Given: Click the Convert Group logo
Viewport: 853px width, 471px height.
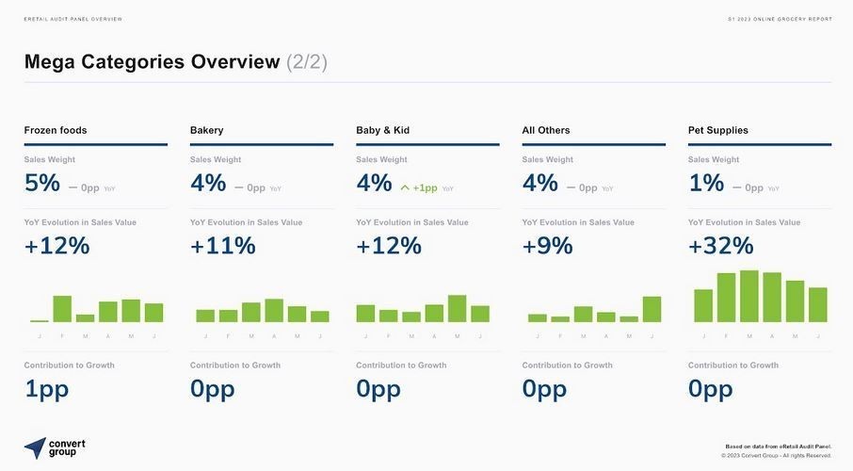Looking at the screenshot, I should click(x=51, y=447).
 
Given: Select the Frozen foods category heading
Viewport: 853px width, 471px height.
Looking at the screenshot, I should click(x=56, y=130).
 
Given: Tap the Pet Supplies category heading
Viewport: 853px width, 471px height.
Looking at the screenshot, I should click(x=718, y=130).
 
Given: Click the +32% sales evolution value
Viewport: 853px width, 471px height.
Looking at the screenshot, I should click(x=721, y=246).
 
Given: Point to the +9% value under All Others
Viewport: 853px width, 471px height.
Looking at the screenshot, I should click(x=547, y=246).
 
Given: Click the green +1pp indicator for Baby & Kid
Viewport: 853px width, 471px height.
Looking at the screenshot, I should click(x=419, y=188).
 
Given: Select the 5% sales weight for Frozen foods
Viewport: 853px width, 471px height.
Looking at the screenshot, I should click(x=42, y=184).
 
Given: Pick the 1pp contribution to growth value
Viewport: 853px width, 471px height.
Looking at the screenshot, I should click(x=46, y=389).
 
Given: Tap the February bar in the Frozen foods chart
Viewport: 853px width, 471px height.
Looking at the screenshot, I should click(x=62, y=309).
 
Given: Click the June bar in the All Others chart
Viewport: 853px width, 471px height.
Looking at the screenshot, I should click(x=652, y=309).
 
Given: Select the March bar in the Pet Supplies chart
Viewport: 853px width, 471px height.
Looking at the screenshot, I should click(x=749, y=297).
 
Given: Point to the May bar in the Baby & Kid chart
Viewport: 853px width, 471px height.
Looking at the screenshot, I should click(x=458, y=309).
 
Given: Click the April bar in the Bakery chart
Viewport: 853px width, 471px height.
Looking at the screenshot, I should click(x=274, y=311).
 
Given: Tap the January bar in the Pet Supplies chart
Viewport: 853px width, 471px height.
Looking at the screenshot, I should click(x=703, y=305).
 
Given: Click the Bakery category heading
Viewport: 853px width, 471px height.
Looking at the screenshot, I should click(x=207, y=130).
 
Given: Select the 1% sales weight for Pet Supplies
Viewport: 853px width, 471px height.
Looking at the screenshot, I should click(x=706, y=184).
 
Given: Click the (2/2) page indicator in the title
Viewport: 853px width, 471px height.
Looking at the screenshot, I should click(x=307, y=62).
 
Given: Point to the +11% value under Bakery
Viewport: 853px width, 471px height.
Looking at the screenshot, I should click(x=223, y=246).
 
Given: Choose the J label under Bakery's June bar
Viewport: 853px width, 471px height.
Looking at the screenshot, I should click(x=320, y=336).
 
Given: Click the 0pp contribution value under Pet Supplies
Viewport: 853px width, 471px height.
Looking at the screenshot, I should click(x=710, y=389).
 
